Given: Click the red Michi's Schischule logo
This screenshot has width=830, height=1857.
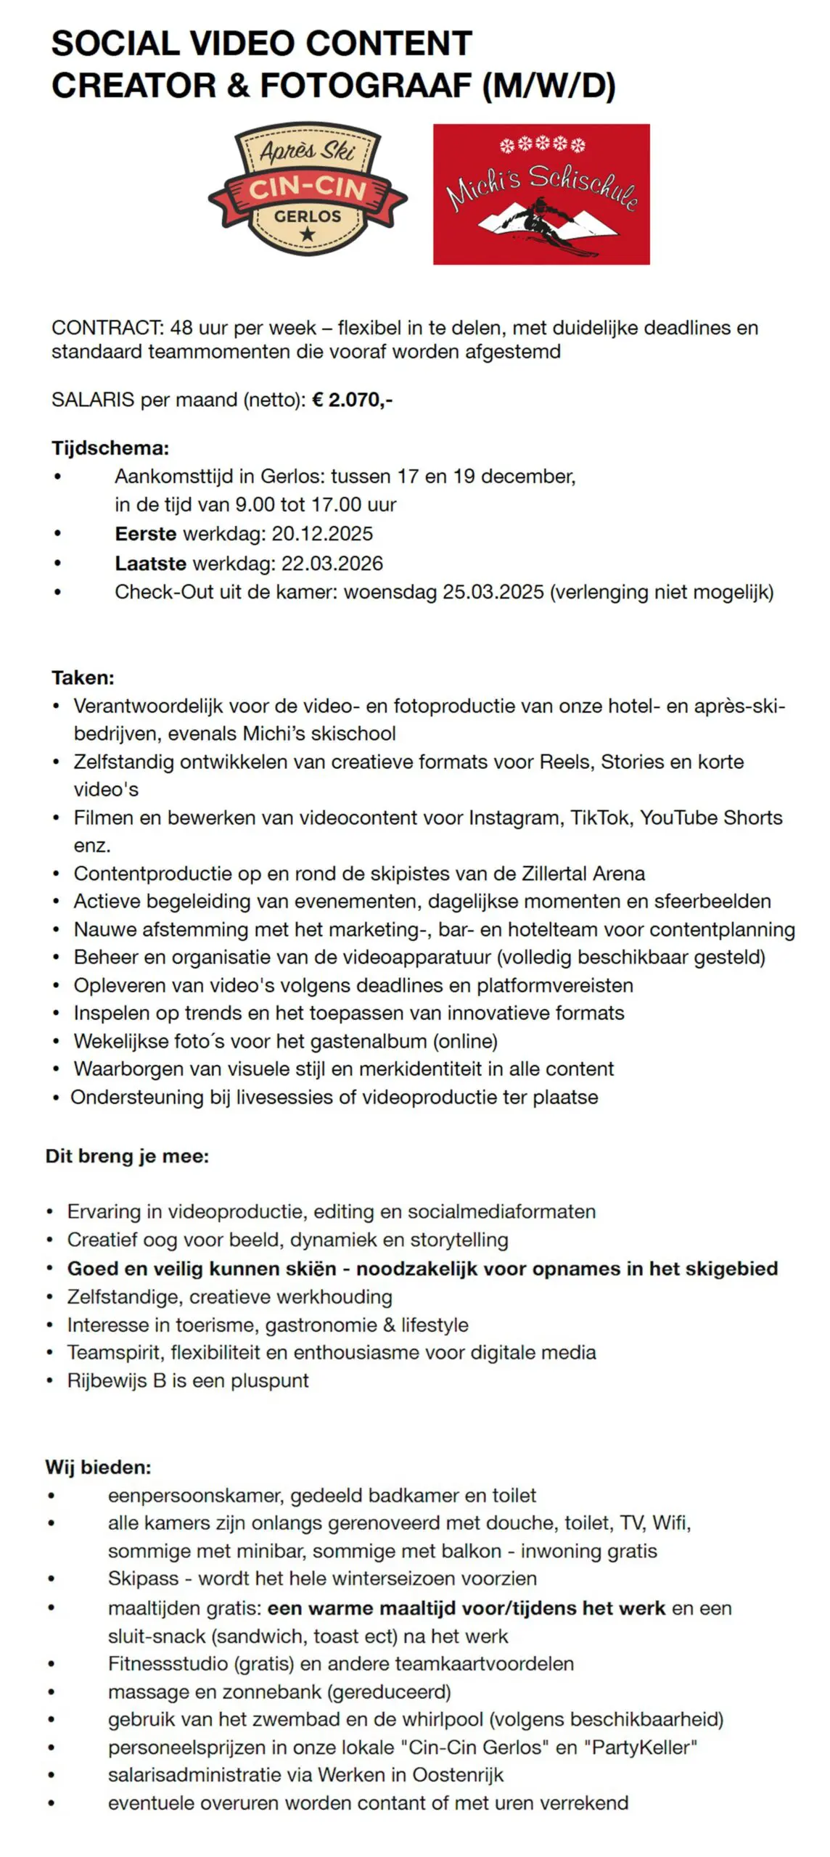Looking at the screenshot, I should (541, 194).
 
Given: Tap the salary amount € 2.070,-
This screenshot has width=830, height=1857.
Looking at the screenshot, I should (353, 400).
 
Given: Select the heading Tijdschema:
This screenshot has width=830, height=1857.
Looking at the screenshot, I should (110, 448).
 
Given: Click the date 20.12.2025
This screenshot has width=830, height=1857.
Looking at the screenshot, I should (322, 534).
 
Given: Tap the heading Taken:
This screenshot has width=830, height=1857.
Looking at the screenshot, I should (83, 678).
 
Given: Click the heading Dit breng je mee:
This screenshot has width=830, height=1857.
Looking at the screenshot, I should (127, 1156).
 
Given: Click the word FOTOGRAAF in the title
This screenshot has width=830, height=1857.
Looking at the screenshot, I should (366, 86).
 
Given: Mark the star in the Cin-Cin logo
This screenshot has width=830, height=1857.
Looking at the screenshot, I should (308, 234).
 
